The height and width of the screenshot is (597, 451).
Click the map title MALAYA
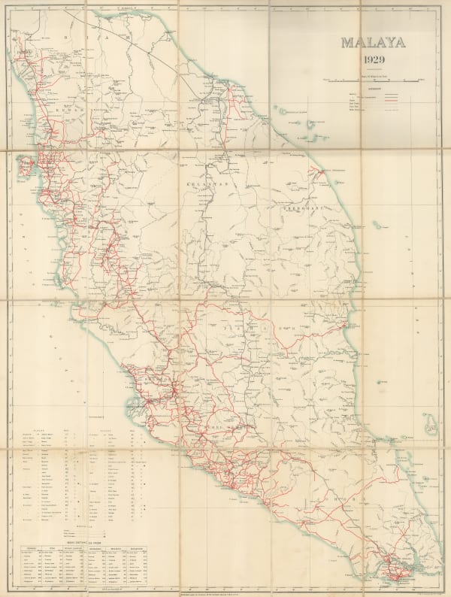(373, 43)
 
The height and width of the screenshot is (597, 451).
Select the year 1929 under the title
(373, 60)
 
